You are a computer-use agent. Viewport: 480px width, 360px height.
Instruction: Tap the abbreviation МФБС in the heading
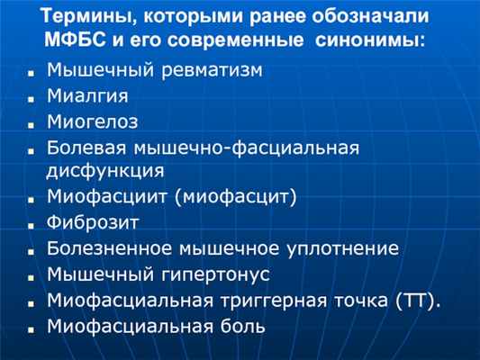point(76,40)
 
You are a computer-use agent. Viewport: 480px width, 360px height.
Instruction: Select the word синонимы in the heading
point(370,40)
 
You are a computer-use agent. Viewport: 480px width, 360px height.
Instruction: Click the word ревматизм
point(212,70)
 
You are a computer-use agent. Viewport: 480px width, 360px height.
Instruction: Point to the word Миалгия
point(87,96)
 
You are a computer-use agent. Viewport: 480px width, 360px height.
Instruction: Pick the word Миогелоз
point(93,121)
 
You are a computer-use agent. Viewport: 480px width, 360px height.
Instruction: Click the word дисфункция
point(105,170)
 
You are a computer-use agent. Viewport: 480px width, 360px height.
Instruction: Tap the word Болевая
point(86,148)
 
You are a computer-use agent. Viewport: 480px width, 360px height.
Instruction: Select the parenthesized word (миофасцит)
point(235,196)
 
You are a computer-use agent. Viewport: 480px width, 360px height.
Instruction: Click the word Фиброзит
point(93,222)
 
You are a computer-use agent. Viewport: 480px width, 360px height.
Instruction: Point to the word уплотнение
point(343,248)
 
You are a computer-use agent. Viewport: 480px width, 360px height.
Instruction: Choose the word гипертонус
point(215,274)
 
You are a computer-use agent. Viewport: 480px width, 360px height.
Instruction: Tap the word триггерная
point(274,301)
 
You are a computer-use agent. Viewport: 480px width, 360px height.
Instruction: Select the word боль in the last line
point(243,326)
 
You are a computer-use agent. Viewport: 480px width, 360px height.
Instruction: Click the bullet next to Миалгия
point(31,99)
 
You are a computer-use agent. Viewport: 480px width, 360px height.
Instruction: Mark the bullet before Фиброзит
point(31,226)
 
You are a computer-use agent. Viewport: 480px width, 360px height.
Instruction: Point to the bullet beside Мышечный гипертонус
point(31,278)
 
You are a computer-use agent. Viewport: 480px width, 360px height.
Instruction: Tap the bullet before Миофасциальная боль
point(31,329)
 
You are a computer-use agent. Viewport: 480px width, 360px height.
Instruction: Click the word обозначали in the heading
point(370,16)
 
